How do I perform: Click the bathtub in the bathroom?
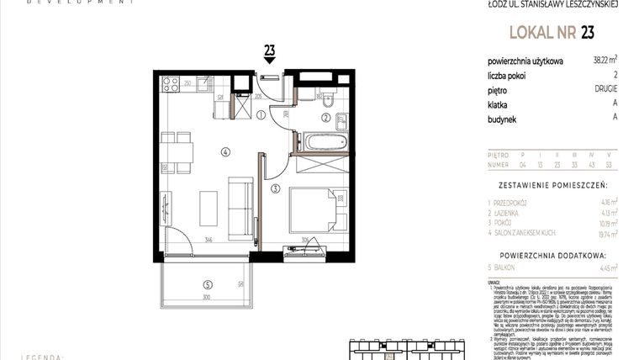pos(325,141)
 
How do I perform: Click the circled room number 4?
pos(224,151)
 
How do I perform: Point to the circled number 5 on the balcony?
pos(207,283)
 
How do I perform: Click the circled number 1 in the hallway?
pos(261,116)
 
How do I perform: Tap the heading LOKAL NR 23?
pos(550,34)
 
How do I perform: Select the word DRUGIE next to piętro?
pos(604,88)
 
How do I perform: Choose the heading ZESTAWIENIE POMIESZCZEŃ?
pos(552,183)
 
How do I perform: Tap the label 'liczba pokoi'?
pos(510,75)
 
